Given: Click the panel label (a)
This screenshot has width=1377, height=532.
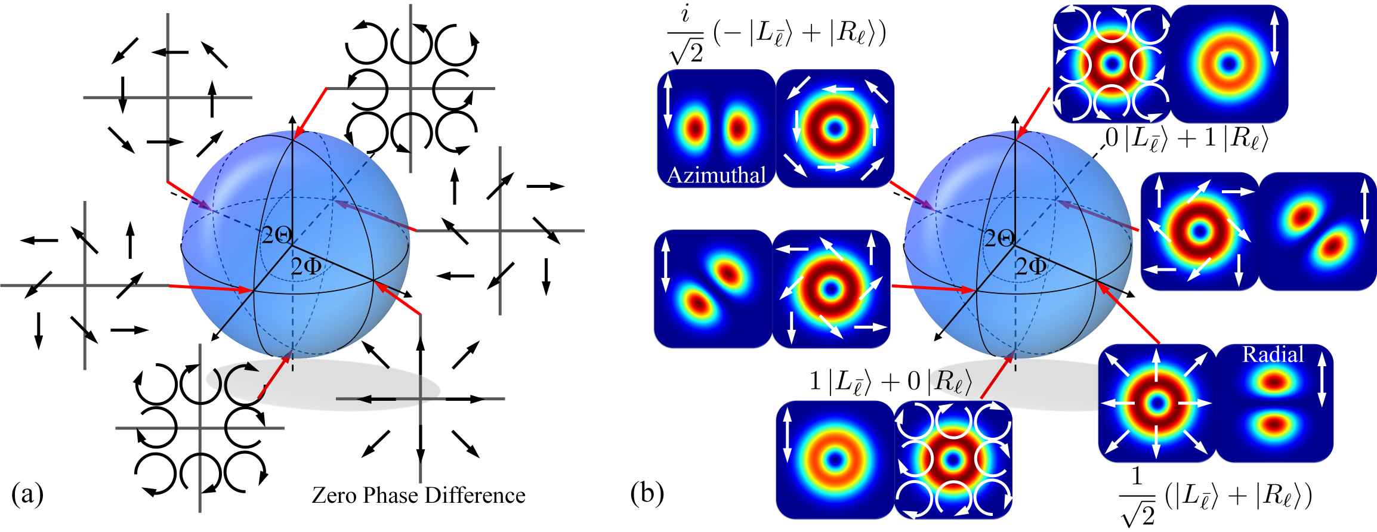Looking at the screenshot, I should pos(27,494).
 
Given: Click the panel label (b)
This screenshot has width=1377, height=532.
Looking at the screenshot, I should pos(647,494).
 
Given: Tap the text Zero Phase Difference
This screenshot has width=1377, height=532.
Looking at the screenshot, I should pos(418,496).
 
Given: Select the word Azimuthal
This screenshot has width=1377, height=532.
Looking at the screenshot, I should pos(716,175).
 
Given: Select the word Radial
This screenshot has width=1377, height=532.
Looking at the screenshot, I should pos(1273,354).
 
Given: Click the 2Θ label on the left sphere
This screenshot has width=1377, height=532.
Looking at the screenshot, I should pos(276,236).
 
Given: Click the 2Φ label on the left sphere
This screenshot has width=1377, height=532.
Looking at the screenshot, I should pos(306,267).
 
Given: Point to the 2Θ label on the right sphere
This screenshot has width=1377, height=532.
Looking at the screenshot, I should pos(999,239).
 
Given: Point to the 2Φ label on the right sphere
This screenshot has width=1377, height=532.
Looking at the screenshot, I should pos(1030,267).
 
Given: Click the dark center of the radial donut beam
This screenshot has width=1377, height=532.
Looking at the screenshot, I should pos(1157,403).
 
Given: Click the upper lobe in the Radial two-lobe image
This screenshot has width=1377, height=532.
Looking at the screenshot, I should pos(1274,381).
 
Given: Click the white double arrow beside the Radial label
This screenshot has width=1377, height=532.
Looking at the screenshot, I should pos(1322,379).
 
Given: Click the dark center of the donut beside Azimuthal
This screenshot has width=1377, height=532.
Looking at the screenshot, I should pos(835,127).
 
